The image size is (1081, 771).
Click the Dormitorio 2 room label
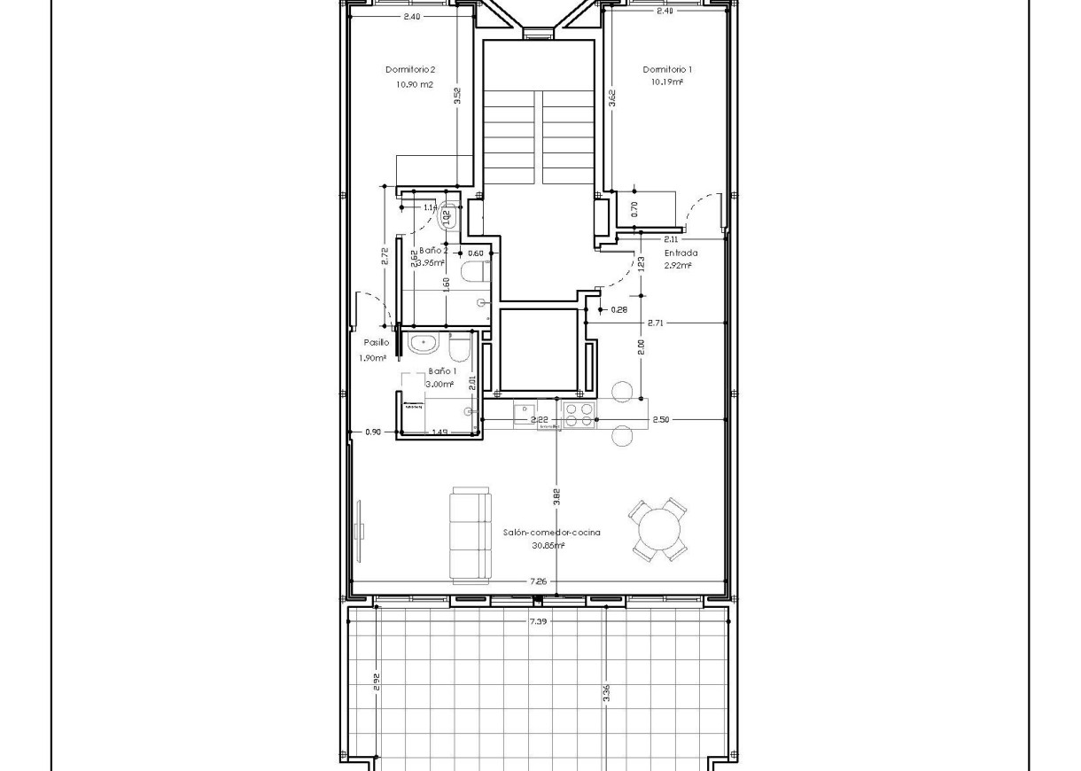[x=409, y=69]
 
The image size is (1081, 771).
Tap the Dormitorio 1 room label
[x=667, y=69]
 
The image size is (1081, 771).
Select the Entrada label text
[x=681, y=253]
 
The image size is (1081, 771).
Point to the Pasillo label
[x=376, y=342]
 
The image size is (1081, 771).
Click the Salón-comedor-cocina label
[x=551, y=533]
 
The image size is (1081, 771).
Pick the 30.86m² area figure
[x=547, y=546]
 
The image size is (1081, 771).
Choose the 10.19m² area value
[x=667, y=82]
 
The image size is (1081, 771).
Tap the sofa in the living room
[x=470, y=534]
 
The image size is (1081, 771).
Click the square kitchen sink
[x=525, y=411]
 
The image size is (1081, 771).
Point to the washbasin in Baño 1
[x=423, y=343]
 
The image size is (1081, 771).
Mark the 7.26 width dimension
[x=537, y=582]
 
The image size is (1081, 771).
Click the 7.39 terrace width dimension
[x=538, y=622]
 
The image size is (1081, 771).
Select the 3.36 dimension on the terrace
[x=607, y=693]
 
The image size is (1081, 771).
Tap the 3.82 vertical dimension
[x=556, y=497]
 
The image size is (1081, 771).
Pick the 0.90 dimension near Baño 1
[x=373, y=432]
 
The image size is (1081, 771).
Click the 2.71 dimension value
[x=656, y=323]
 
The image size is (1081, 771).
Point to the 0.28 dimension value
[x=618, y=310]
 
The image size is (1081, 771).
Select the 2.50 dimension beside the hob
[x=660, y=420]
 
